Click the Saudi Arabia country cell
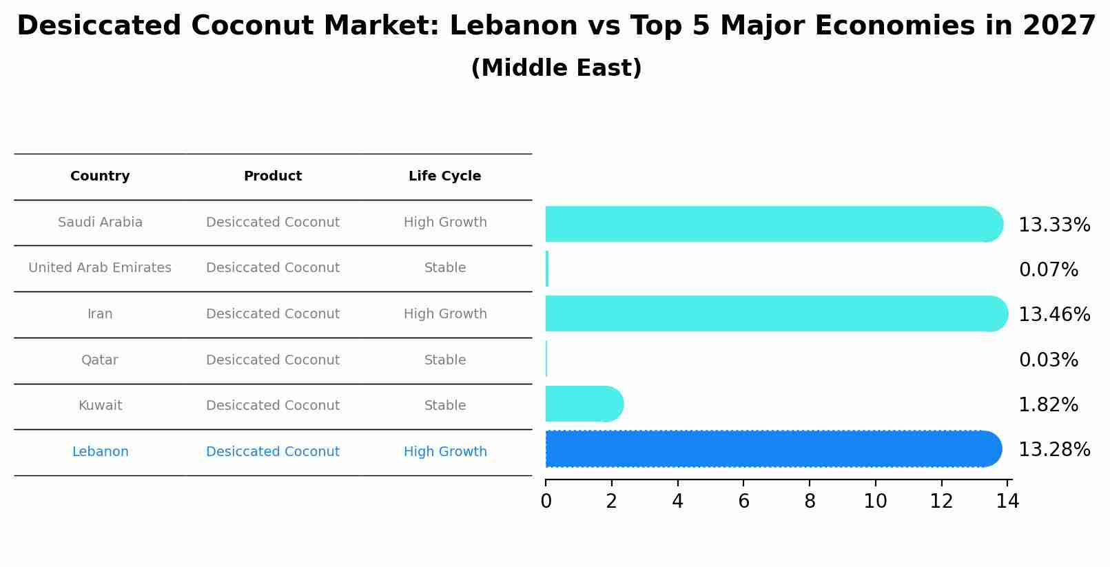(x=100, y=223)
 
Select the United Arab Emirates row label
(x=100, y=268)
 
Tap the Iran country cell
(x=100, y=314)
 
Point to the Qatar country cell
(x=100, y=360)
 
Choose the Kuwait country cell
(x=100, y=406)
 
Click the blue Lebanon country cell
(x=100, y=452)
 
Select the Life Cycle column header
(x=444, y=176)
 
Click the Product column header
(x=273, y=176)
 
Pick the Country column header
(x=100, y=176)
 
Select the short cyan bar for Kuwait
(x=583, y=404)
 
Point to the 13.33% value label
(x=1054, y=225)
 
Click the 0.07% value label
(x=1048, y=270)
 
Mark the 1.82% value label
(x=1048, y=405)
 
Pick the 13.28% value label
(x=1054, y=450)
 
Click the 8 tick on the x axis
(x=810, y=502)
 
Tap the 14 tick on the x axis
(x=1007, y=502)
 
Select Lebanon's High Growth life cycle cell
(x=445, y=452)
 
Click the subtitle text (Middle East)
(x=556, y=68)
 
